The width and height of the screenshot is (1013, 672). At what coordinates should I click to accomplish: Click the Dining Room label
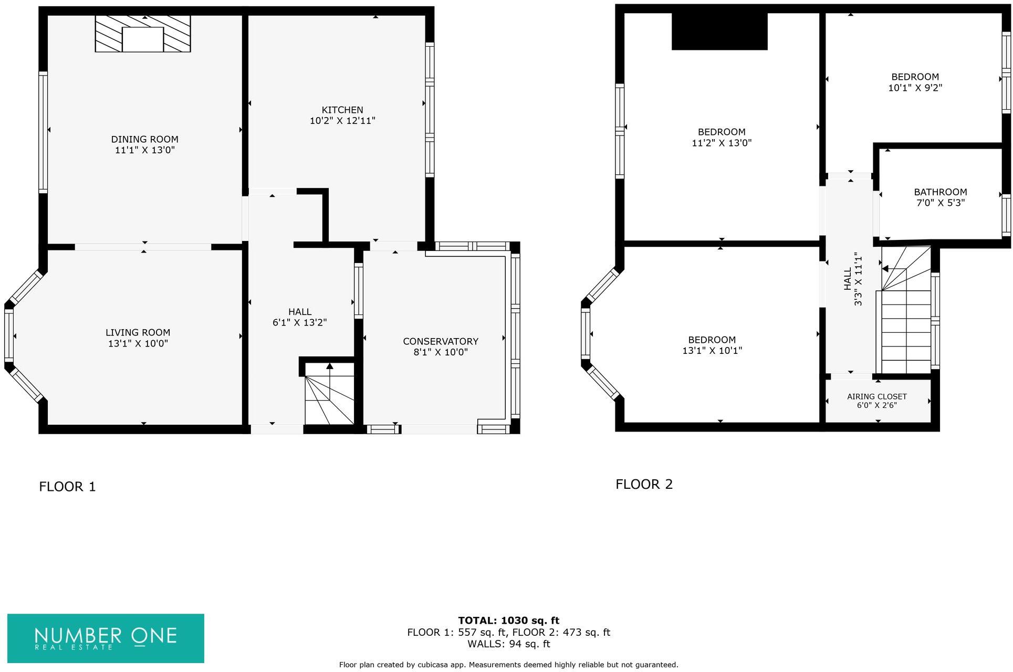click(144, 139)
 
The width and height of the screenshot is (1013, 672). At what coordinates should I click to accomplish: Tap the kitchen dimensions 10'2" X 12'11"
click(342, 121)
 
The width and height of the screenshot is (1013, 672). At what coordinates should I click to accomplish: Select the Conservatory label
click(440, 341)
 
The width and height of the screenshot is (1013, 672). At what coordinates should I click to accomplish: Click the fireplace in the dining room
click(142, 34)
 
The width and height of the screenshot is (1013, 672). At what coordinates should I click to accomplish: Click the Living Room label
click(138, 332)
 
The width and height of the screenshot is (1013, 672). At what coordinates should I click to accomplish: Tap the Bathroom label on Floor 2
click(940, 192)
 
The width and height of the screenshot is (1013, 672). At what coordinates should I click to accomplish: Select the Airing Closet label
click(876, 397)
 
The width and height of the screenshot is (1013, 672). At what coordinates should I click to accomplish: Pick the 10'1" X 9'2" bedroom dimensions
click(915, 88)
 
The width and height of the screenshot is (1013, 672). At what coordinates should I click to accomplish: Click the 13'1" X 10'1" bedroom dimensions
click(712, 351)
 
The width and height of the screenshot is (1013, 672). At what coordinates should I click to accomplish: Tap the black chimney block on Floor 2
click(719, 31)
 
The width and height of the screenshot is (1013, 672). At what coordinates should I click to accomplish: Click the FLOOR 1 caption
click(67, 487)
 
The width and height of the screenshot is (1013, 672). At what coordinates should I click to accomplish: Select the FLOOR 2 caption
click(644, 484)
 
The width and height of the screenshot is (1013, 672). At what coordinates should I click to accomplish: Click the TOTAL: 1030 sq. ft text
click(508, 621)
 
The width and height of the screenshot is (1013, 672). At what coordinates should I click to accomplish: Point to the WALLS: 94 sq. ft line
click(508, 644)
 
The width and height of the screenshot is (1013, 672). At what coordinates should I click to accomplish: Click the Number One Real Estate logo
click(106, 638)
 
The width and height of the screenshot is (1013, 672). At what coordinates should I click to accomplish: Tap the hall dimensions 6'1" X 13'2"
click(299, 322)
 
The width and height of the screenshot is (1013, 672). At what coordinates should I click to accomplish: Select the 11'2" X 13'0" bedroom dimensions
click(722, 143)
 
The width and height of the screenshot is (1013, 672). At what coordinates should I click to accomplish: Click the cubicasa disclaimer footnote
click(508, 665)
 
